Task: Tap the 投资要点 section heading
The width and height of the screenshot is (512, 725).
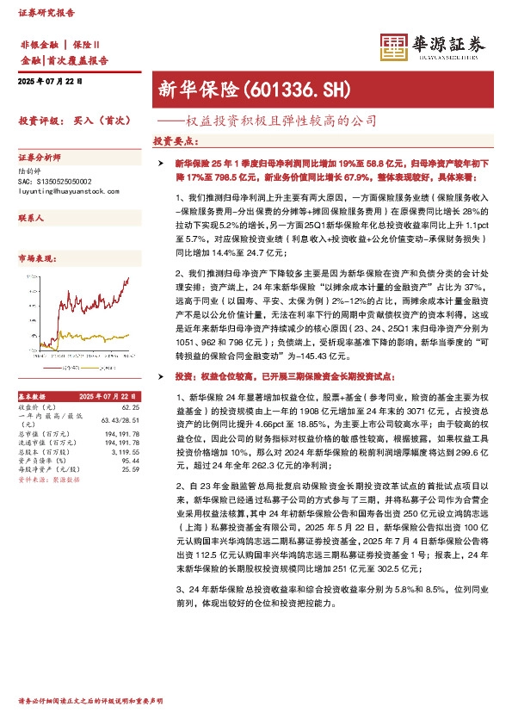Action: (x=176, y=140)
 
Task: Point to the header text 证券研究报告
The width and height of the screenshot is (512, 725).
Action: (x=46, y=13)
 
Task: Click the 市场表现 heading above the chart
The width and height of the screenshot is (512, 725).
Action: (x=35, y=258)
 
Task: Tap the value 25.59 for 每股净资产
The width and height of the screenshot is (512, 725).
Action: (x=130, y=444)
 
